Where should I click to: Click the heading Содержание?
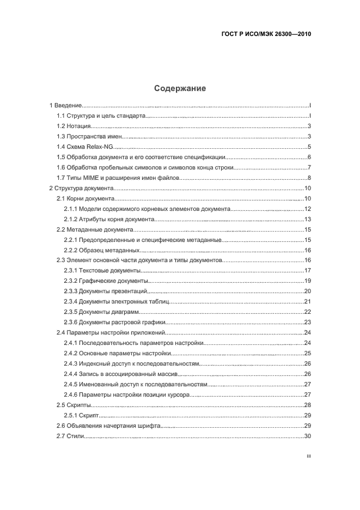pyautogui.click(x=180, y=88)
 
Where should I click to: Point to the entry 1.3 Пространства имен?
pyautogui.click(x=90, y=136)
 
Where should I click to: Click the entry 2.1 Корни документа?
pyautogui.click(x=87, y=198)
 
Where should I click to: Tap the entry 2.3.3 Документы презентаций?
pyautogui.click(x=106, y=292)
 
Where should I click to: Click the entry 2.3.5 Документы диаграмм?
pyautogui.click(x=101, y=312)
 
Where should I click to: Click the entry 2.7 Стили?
pyautogui.click(x=70, y=436)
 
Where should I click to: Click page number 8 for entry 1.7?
pyautogui.click(x=308, y=178)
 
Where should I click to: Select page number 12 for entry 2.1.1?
pyautogui.click(x=307, y=209)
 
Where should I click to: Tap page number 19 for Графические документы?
pyautogui.click(x=307, y=281)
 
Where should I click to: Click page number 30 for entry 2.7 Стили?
pyautogui.click(x=307, y=436)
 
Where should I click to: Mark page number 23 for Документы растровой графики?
pyautogui.click(x=307, y=323)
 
